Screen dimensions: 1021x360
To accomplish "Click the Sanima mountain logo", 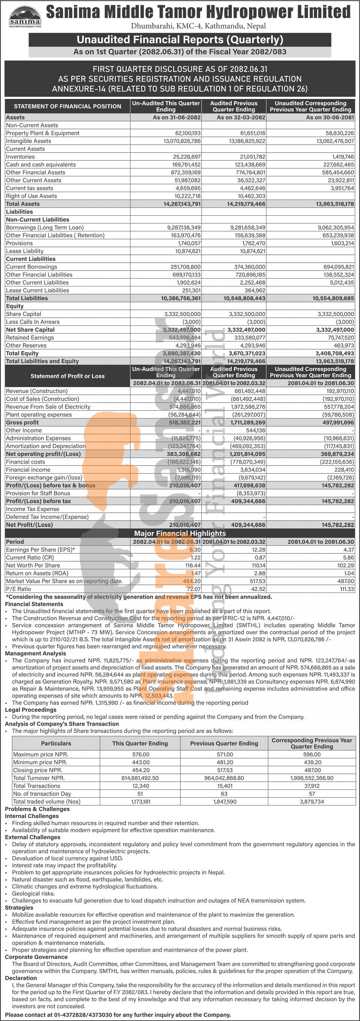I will tap(25, 16).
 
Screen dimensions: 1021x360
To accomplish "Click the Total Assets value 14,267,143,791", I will tap(182, 204).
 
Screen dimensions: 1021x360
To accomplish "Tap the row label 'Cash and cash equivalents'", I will tap(41, 165).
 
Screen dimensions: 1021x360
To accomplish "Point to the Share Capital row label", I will tap(23, 314).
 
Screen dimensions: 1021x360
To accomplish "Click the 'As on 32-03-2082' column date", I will tap(241, 118).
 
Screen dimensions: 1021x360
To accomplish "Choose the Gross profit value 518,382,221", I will tap(185, 423).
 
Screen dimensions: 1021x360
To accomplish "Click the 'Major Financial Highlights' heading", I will tap(180, 534).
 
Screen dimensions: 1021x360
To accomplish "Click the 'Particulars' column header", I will tap(56, 744).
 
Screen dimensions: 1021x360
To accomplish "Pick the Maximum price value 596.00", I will tap(312, 755).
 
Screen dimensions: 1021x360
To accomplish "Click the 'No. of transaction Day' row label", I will tap(42, 794).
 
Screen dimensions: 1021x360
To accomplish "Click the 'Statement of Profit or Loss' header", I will tap(67, 376).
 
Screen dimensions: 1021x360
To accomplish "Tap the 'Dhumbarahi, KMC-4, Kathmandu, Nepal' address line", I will tap(198, 26).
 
